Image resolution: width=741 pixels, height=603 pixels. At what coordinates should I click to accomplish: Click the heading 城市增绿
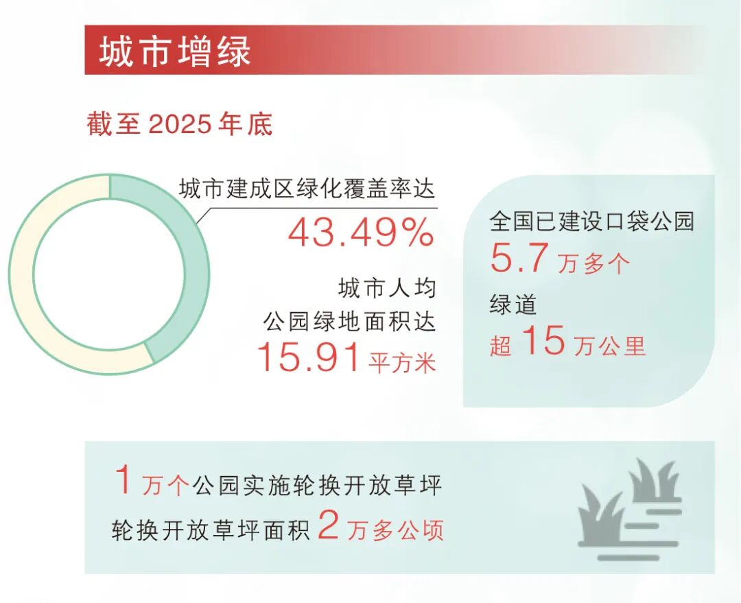pyautogui.click(x=176, y=51)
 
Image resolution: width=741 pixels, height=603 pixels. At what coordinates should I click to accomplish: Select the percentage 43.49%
pyautogui.click(x=361, y=233)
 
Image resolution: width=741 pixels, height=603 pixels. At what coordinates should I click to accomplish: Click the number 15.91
pyautogui.click(x=309, y=358)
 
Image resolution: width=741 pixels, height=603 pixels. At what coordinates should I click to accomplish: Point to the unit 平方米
pyautogui.click(x=403, y=362)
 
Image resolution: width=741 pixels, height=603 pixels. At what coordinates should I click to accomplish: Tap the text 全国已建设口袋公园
pyautogui.click(x=591, y=221)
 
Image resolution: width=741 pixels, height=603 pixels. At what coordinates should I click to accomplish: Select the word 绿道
pyautogui.click(x=513, y=304)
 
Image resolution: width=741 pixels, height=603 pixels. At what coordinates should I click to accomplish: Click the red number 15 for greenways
pyautogui.click(x=543, y=341)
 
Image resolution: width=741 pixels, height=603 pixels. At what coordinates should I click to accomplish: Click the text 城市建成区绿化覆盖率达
pyautogui.click(x=307, y=189)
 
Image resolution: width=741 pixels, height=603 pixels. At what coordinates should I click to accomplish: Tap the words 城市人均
pyautogui.click(x=387, y=288)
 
